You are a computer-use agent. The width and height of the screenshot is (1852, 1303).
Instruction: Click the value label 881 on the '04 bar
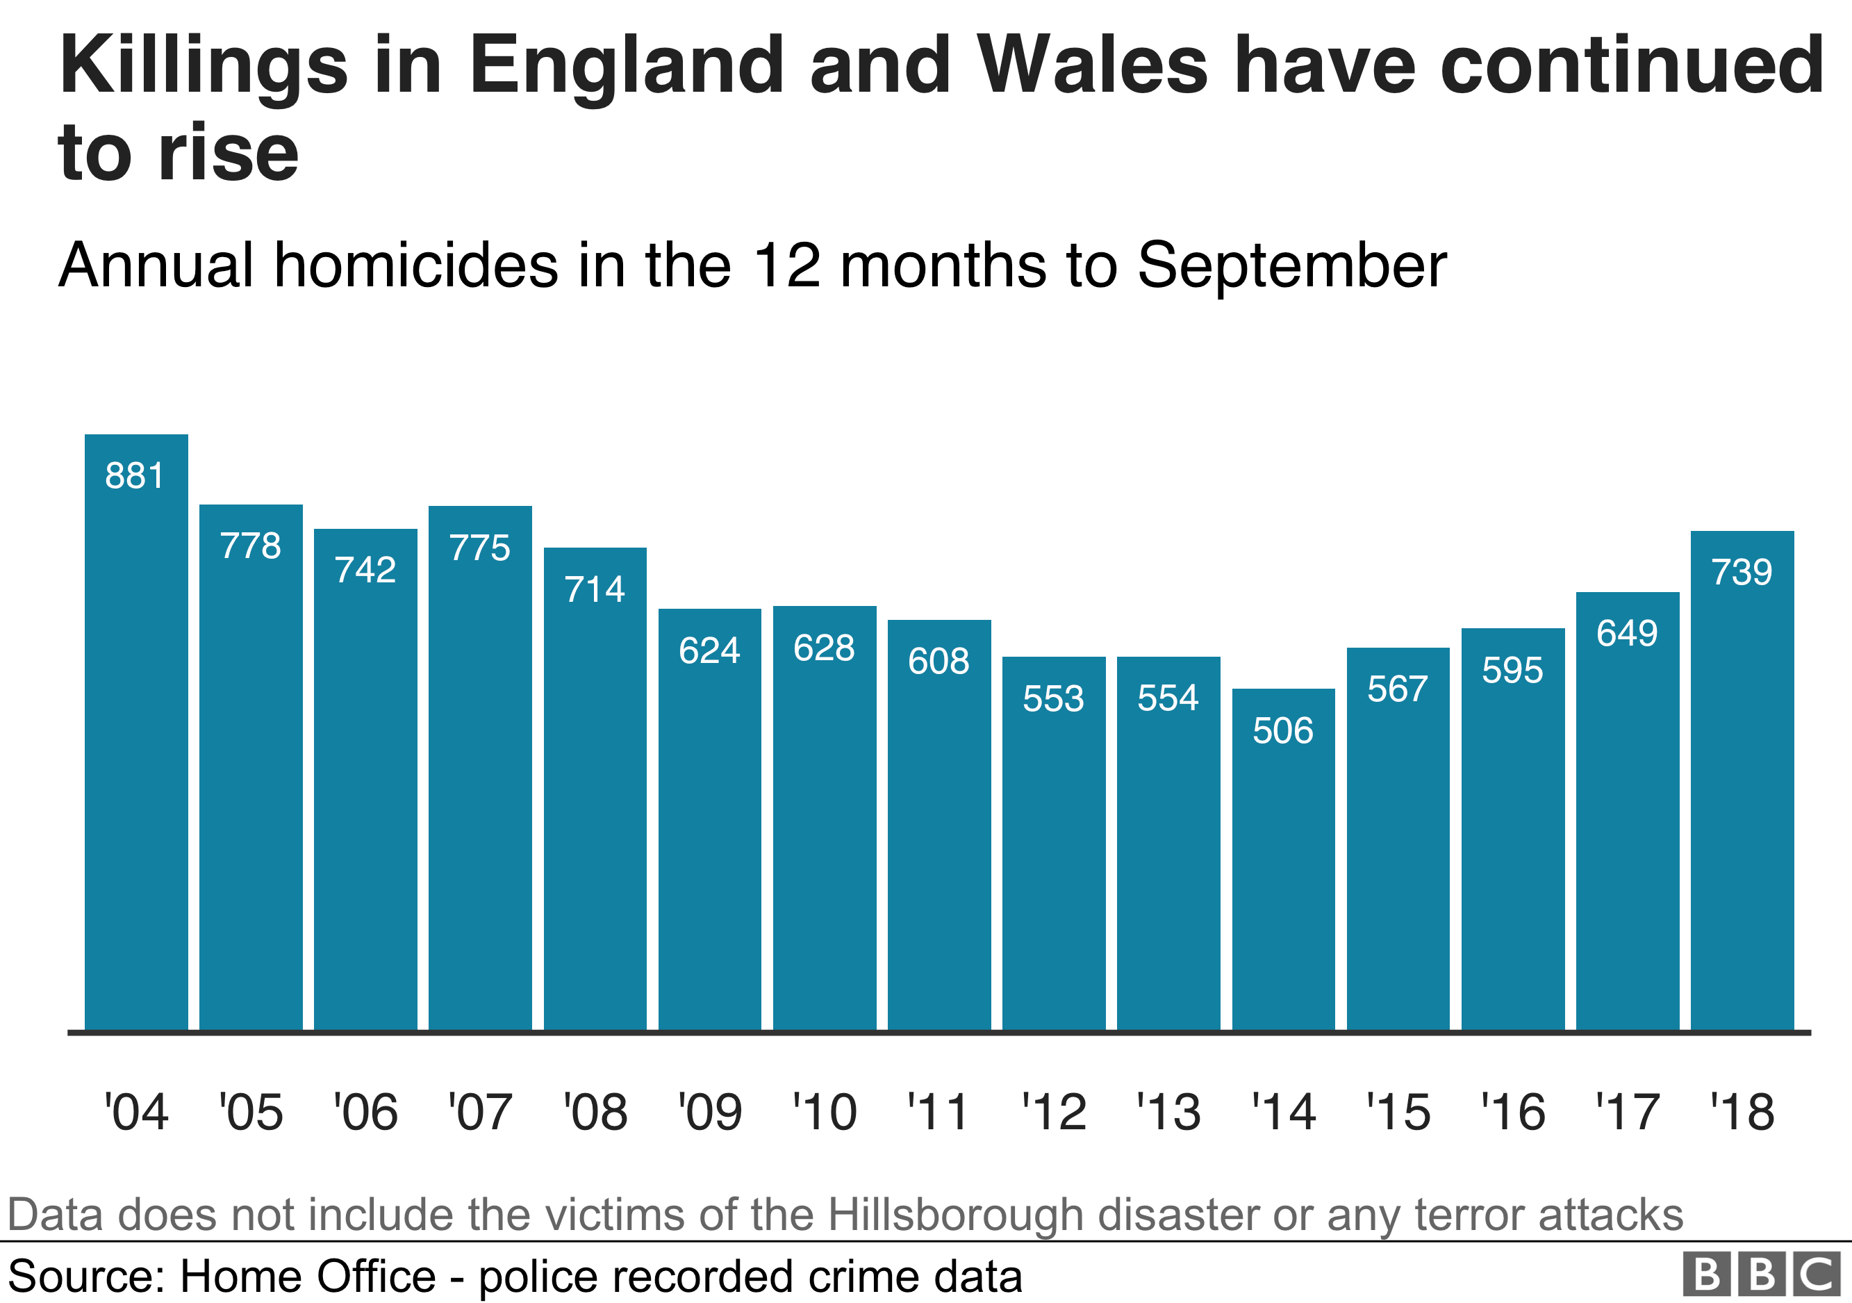135,476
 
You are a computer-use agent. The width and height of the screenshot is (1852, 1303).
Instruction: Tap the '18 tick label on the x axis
1742,1113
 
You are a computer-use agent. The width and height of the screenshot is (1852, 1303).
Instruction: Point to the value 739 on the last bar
1742,572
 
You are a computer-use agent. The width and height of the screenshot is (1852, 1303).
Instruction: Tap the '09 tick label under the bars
710,1113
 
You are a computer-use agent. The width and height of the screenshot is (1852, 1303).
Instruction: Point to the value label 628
824,648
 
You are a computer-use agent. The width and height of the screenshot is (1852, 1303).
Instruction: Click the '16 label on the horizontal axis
1512,1113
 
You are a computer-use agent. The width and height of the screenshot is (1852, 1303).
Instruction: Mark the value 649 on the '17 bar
1627,632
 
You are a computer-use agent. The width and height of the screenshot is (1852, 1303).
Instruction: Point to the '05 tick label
251,1113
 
